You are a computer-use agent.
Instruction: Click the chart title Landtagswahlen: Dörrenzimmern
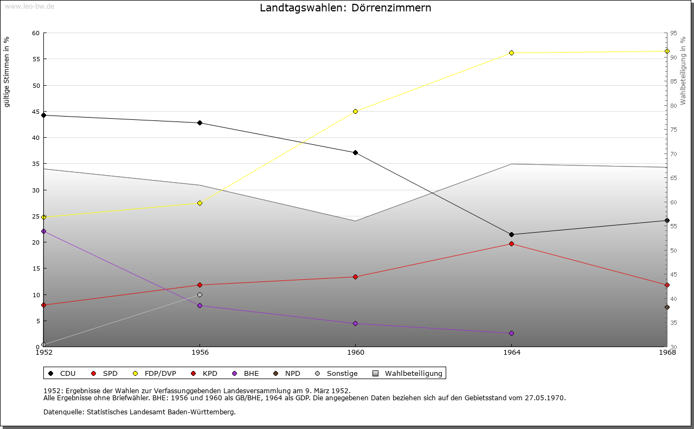coord(345,8)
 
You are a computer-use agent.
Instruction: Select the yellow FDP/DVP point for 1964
coord(511,53)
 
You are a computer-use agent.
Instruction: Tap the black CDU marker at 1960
coord(355,152)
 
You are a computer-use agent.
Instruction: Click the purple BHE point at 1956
coord(200,305)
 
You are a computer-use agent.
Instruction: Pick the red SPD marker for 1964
coord(511,244)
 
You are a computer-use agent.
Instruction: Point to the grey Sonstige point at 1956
coord(200,294)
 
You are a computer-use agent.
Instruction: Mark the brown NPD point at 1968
coord(667,307)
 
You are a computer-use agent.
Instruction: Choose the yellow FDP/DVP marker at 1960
coord(355,111)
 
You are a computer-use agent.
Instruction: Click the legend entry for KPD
coord(209,373)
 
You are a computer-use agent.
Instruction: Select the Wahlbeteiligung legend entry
coord(413,373)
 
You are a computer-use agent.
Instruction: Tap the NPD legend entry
coord(292,373)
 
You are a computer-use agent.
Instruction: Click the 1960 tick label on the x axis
coord(355,352)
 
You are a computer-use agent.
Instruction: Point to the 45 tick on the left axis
coord(36,112)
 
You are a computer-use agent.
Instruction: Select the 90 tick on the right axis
coord(673,57)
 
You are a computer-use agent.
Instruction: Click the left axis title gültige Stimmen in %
coord(7,72)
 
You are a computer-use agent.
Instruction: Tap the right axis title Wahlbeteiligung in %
coord(683,71)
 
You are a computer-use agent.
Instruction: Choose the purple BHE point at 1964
coord(511,333)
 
